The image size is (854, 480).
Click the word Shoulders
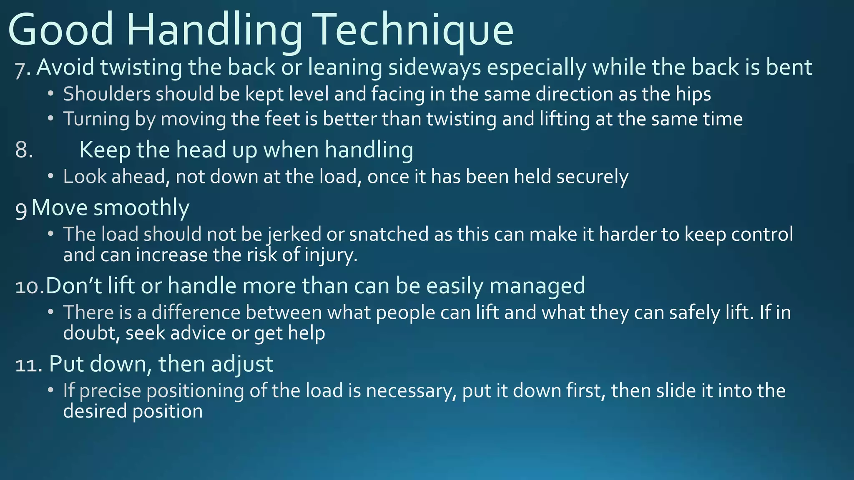click(107, 94)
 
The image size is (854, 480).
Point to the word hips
click(693, 94)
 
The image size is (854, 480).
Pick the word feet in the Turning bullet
click(283, 119)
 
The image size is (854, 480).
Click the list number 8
click(24, 150)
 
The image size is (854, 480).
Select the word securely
click(592, 177)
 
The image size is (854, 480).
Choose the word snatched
click(389, 235)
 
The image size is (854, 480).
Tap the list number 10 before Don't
click(28, 286)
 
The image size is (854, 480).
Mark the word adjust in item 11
click(242, 364)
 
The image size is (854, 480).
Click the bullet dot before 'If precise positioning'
click(50, 390)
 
